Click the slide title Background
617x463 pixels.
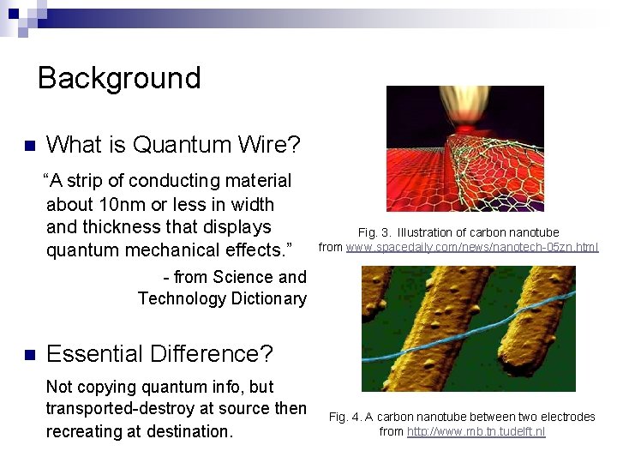[119, 78]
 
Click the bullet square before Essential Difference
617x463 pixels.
[28, 354]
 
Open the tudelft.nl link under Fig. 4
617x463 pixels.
[476, 431]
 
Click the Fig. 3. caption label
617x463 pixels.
[374, 232]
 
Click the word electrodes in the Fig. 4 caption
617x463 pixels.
[563, 417]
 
